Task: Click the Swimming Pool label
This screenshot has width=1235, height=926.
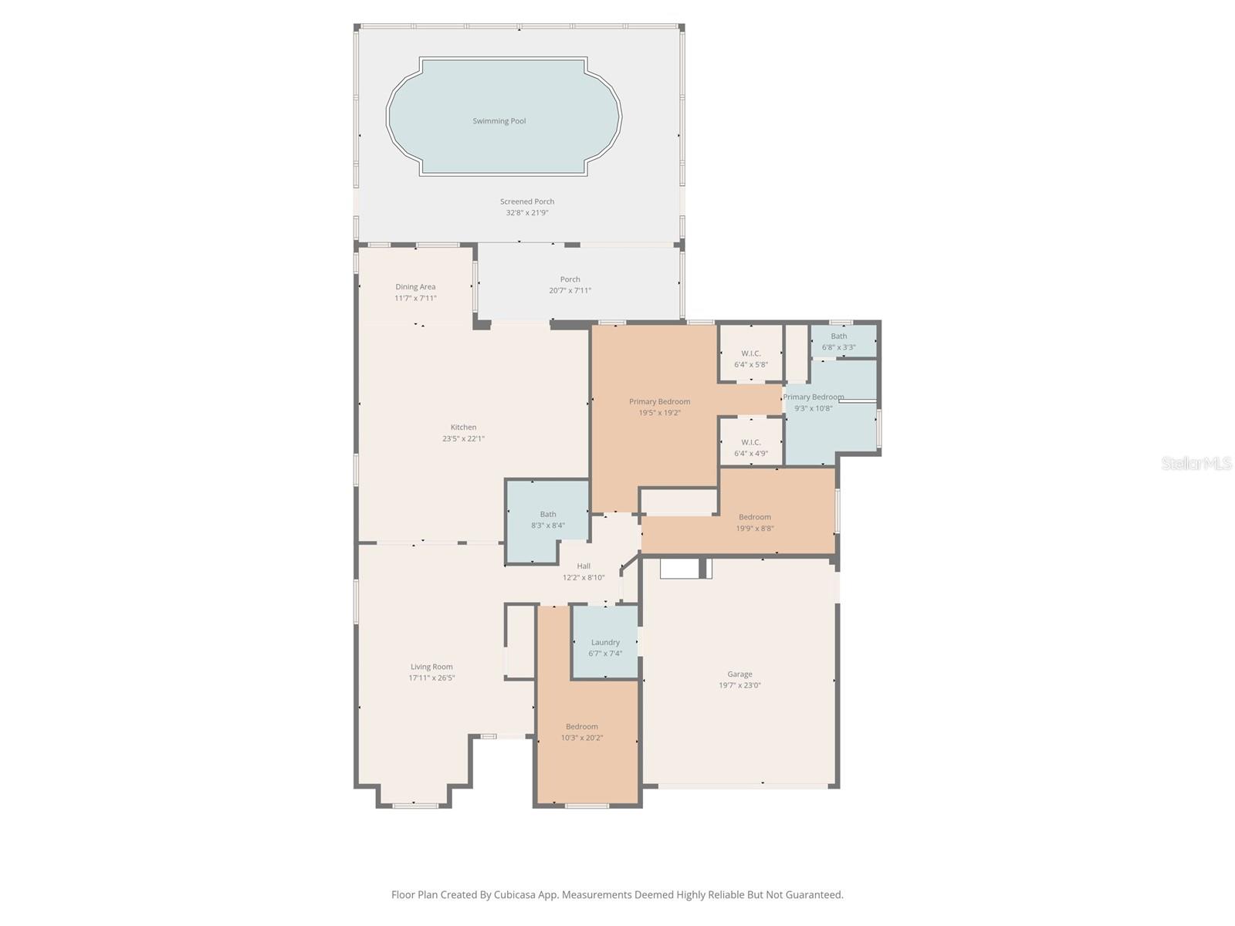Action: coord(499,121)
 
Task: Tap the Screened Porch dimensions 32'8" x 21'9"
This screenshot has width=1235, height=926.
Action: coord(527,213)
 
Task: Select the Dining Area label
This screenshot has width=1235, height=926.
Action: coord(415,287)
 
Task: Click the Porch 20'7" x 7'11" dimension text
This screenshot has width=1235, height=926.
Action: coord(570,291)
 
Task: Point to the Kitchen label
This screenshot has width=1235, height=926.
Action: coord(463,428)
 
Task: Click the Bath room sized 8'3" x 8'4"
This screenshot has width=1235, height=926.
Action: coord(547,520)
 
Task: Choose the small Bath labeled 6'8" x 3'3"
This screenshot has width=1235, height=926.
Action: coord(838,341)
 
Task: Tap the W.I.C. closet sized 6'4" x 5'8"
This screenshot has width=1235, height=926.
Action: coord(750,359)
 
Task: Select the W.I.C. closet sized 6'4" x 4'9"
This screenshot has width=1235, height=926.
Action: coord(750,448)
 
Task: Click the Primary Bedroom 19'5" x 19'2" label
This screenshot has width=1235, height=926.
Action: coord(659,402)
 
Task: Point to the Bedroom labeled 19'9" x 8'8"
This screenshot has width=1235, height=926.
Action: coord(754,522)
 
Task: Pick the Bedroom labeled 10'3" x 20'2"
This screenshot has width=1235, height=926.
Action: coord(581,732)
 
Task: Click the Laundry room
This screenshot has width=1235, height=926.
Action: coord(605,647)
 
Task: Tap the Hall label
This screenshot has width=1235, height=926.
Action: coord(584,566)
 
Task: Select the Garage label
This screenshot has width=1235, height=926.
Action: coord(739,674)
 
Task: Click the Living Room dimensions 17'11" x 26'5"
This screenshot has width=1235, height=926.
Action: coord(431,678)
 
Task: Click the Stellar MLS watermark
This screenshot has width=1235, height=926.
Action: coord(1196,464)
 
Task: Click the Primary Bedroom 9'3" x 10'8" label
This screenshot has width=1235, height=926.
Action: coord(813,397)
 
